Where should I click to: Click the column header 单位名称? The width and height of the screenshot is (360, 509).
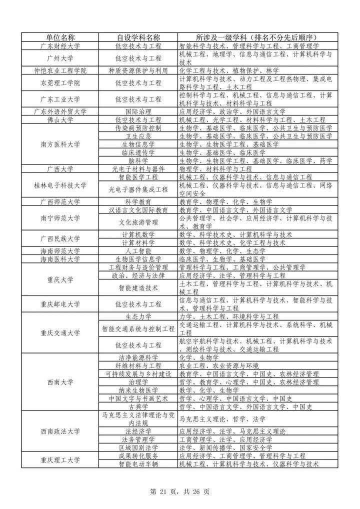click(x=60, y=37)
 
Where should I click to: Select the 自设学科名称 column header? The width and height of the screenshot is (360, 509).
click(x=138, y=37)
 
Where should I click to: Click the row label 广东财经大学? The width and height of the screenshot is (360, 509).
click(x=60, y=45)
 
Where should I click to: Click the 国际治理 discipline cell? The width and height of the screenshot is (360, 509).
click(x=138, y=111)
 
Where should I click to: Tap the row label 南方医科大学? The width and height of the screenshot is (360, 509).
click(x=60, y=144)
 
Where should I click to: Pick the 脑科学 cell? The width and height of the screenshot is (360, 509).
click(x=138, y=160)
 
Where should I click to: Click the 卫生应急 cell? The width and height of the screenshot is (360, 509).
click(x=138, y=136)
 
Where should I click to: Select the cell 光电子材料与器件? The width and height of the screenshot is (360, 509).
click(x=138, y=169)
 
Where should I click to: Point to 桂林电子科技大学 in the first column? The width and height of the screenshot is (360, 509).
click(x=60, y=185)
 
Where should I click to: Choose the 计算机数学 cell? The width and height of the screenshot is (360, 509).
click(x=138, y=234)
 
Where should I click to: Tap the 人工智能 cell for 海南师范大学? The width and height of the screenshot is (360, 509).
click(x=138, y=251)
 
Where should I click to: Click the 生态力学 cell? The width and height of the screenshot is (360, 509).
click(x=138, y=316)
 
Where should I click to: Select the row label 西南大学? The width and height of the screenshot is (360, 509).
click(x=60, y=382)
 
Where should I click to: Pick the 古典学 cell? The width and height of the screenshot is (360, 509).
click(x=138, y=406)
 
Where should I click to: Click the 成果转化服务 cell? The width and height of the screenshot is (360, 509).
click(x=138, y=456)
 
